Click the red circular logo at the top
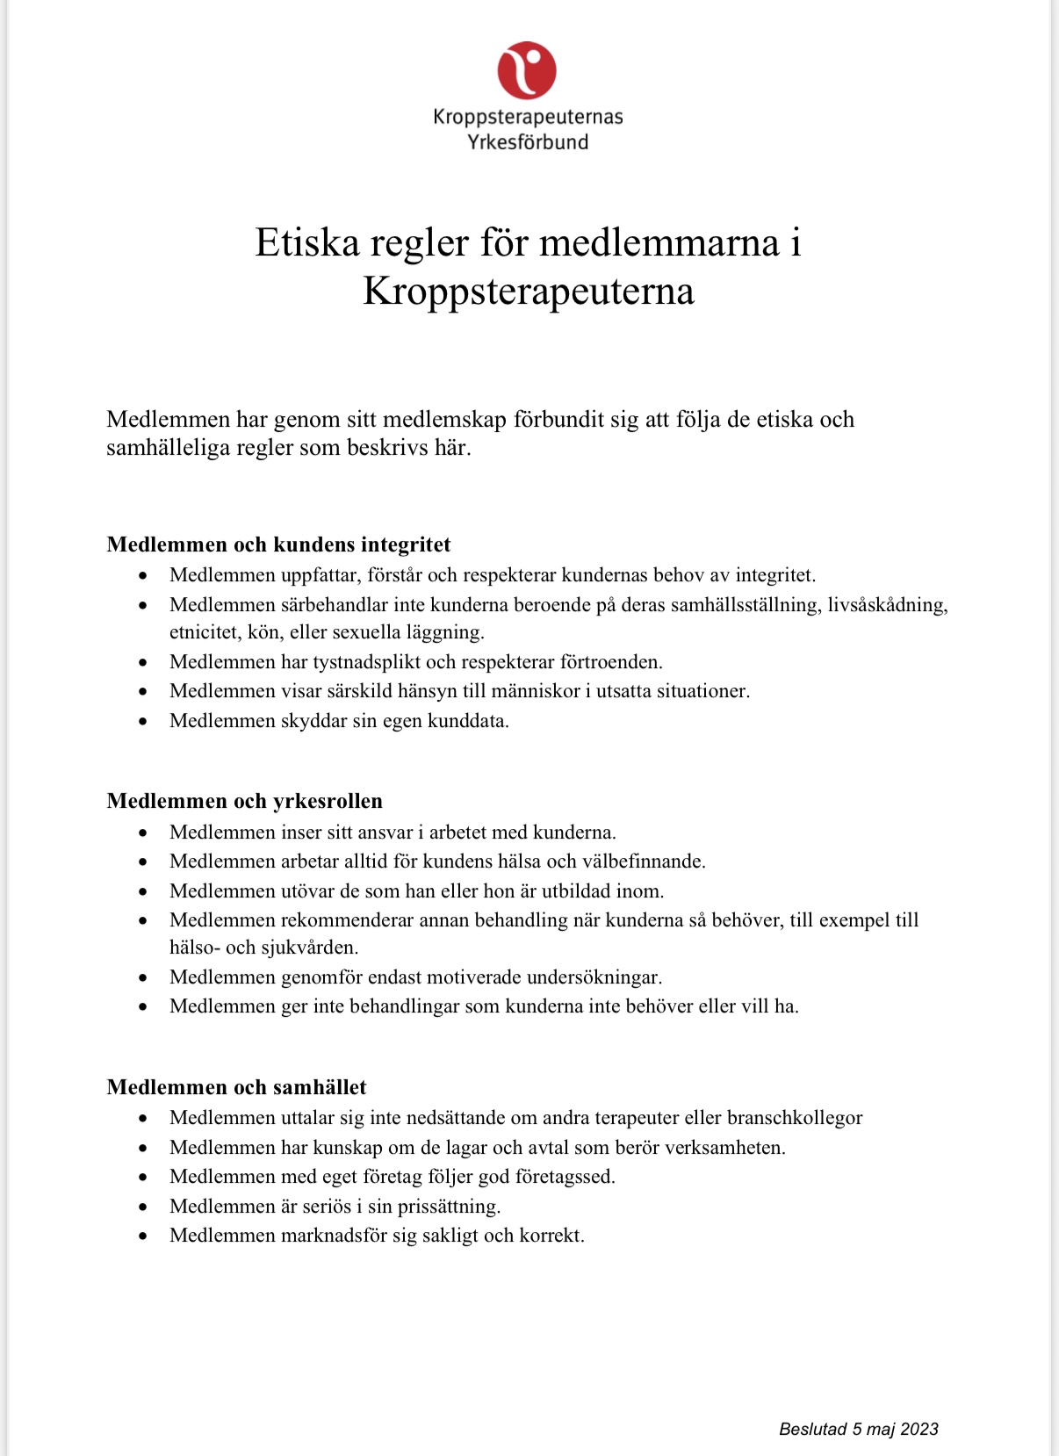click(x=527, y=70)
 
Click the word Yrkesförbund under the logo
click(x=528, y=142)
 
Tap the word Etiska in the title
click(x=307, y=243)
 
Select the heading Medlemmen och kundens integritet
click(x=278, y=544)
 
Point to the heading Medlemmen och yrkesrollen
click(x=244, y=801)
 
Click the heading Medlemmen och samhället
click(x=236, y=1087)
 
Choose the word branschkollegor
click(x=795, y=1118)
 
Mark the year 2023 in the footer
click(x=919, y=1430)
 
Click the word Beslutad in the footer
click(x=813, y=1430)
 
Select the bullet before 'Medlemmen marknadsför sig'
click(x=143, y=1236)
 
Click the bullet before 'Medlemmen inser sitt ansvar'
click(x=143, y=833)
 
